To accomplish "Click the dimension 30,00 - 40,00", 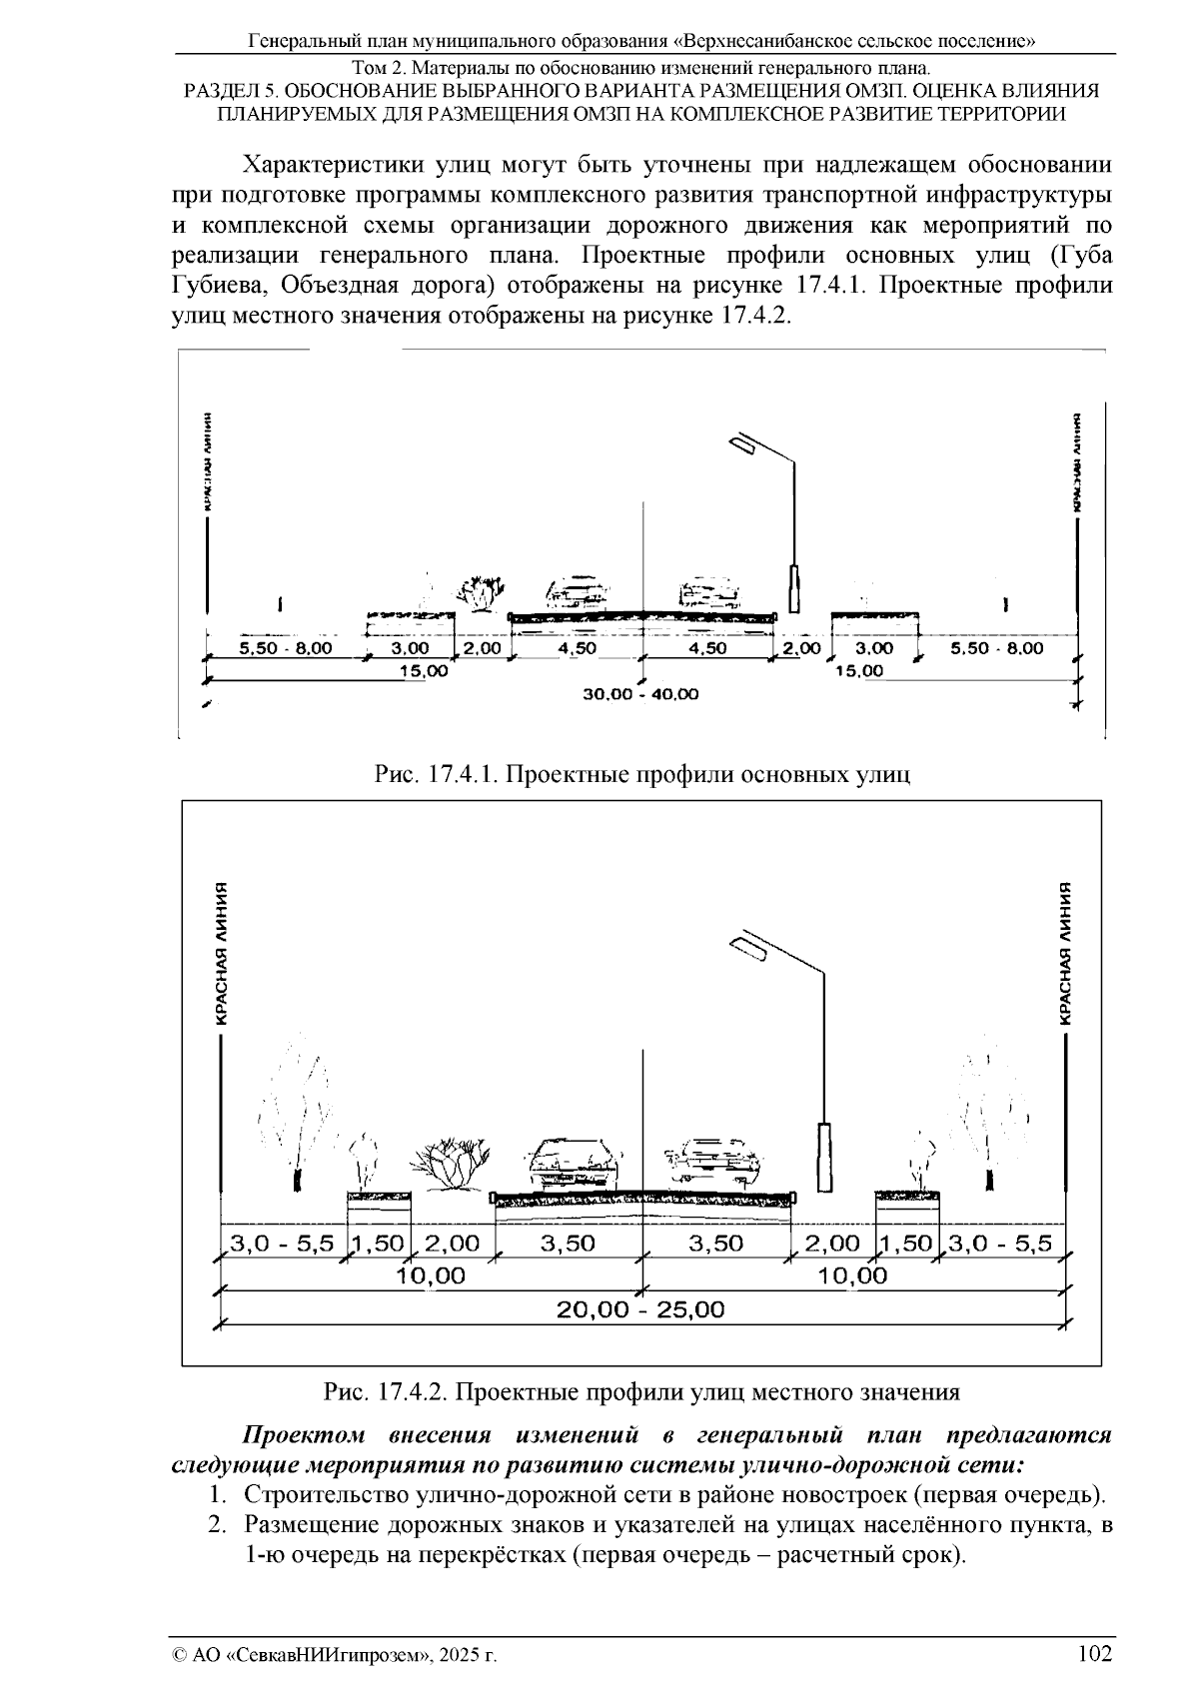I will [640, 693].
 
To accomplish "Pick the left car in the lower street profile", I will [573, 1164].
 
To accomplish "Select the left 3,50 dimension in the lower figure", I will [567, 1244].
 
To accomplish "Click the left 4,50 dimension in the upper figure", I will [577, 648].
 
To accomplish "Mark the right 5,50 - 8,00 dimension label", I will [996, 648].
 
